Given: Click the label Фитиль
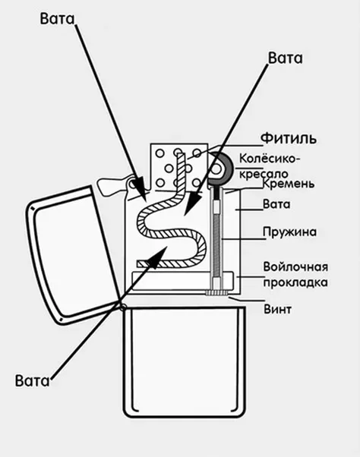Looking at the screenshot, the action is click(x=289, y=138).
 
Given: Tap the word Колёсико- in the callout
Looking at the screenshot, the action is click(x=270, y=159).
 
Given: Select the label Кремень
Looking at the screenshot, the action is click(x=289, y=184).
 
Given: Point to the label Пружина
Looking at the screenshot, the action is click(x=289, y=232).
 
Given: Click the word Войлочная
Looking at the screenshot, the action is click(x=295, y=266).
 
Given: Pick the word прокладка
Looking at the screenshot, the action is click(x=295, y=282).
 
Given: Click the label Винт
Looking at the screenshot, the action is click(x=277, y=309).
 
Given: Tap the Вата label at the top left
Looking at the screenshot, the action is click(x=58, y=19).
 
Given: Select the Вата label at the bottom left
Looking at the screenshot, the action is click(x=33, y=380).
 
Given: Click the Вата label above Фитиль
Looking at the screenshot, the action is click(x=286, y=58).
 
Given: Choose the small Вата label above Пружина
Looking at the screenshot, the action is click(x=276, y=204).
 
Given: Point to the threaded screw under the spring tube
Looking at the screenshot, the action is click(x=216, y=292).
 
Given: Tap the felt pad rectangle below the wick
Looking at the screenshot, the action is click(x=182, y=280).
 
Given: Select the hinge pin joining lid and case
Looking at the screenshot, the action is click(x=123, y=307).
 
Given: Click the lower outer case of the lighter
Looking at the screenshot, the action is click(x=185, y=362).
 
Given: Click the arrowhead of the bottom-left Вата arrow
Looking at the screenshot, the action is click(x=157, y=256).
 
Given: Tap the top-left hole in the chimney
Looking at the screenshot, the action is click(x=160, y=153).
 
